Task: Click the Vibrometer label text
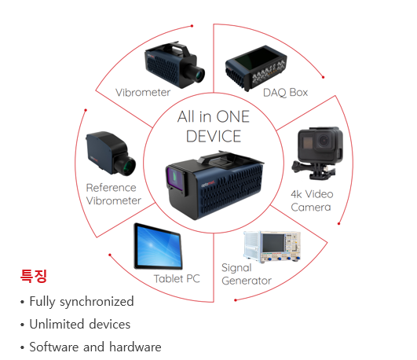point(143,93)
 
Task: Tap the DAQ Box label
point(285,93)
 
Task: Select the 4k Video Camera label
point(312,200)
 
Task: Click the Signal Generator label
point(247,274)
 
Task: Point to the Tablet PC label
point(177,279)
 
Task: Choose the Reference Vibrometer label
point(114,194)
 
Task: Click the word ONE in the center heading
point(232,116)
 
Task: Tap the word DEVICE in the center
point(214,136)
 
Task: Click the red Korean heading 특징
point(34,276)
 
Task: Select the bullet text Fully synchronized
point(82,302)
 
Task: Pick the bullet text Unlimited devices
point(80,325)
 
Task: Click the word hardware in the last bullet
point(135,347)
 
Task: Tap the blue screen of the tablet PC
point(159,245)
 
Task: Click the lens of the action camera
point(324,141)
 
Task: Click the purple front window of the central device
point(174,178)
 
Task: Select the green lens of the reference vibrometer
point(128,166)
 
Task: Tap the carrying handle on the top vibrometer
point(177,49)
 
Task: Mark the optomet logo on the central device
point(207,184)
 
